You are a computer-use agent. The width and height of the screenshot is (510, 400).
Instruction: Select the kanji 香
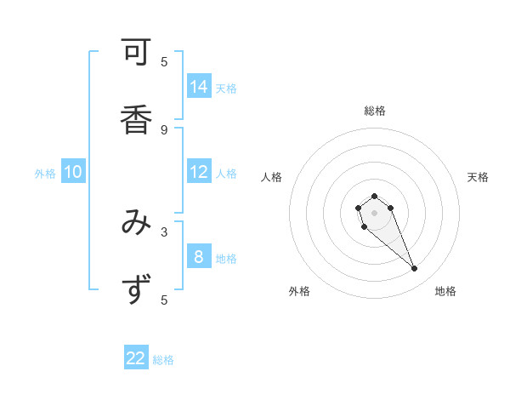pos(136,117)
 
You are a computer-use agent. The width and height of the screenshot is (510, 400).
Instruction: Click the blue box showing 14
pos(199,87)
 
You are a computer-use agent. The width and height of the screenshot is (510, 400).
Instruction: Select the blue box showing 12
pos(199,172)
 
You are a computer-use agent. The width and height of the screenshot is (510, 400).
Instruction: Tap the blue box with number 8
pos(199,257)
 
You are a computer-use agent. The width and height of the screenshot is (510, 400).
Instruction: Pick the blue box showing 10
pos(73,173)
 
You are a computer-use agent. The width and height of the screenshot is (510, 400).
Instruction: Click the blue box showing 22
pos(136,358)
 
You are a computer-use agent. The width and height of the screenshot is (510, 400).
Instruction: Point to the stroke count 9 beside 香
pos(164,129)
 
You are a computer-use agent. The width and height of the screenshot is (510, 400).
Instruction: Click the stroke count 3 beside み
pos(164,231)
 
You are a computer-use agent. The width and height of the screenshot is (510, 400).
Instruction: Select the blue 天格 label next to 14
pos(226,88)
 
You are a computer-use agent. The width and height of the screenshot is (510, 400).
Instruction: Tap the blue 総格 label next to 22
pos(163,359)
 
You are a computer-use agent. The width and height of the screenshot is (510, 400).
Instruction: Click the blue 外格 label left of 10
pos(45,174)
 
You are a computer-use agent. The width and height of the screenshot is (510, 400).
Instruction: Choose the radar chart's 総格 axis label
pos(375,111)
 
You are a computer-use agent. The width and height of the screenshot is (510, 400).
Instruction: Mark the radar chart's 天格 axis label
pos(478,177)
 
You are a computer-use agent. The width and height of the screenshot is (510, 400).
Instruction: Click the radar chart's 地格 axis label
pos(445,291)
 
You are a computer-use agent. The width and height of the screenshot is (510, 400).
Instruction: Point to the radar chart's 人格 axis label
pos(271,177)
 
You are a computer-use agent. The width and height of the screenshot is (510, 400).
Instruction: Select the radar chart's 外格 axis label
pos(299,291)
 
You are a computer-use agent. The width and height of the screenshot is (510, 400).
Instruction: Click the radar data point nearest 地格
pos(415,269)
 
